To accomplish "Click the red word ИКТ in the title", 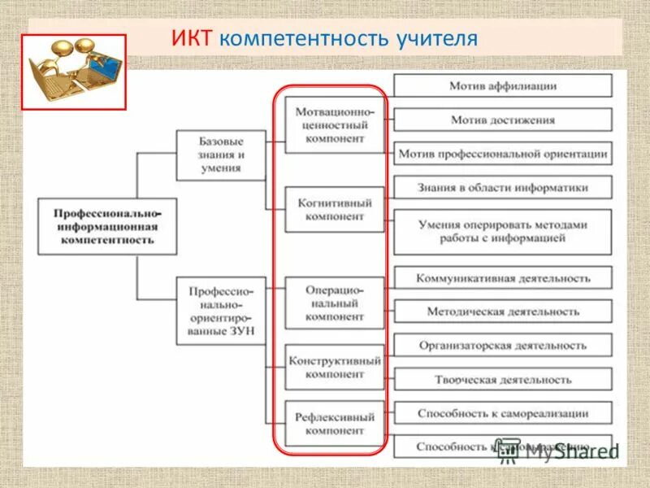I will (x=193, y=38).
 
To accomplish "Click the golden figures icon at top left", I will (x=73, y=72).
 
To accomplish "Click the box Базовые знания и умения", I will (x=221, y=155).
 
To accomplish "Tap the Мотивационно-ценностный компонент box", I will (x=335, y=125).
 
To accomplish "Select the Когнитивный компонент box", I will (x=335, y=210).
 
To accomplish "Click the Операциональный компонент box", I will (x=335, y=303).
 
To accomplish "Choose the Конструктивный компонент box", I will (x=335, y=367).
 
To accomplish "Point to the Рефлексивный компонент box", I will (x=335, y=423).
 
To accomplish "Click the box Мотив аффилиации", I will (x=503, y=85).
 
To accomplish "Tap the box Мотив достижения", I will (x=503, y=120).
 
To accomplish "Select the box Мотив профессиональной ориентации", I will (x=503, y=153).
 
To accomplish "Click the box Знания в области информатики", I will (x=503, y=187).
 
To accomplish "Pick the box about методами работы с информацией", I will (x=503, y=232).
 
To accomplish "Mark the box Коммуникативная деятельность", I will (x=503, y=277).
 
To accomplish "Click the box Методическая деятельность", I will (x=503, y=312).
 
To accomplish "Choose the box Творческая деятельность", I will (x=503, y=379).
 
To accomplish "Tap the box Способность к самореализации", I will (x=503, y=413).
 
